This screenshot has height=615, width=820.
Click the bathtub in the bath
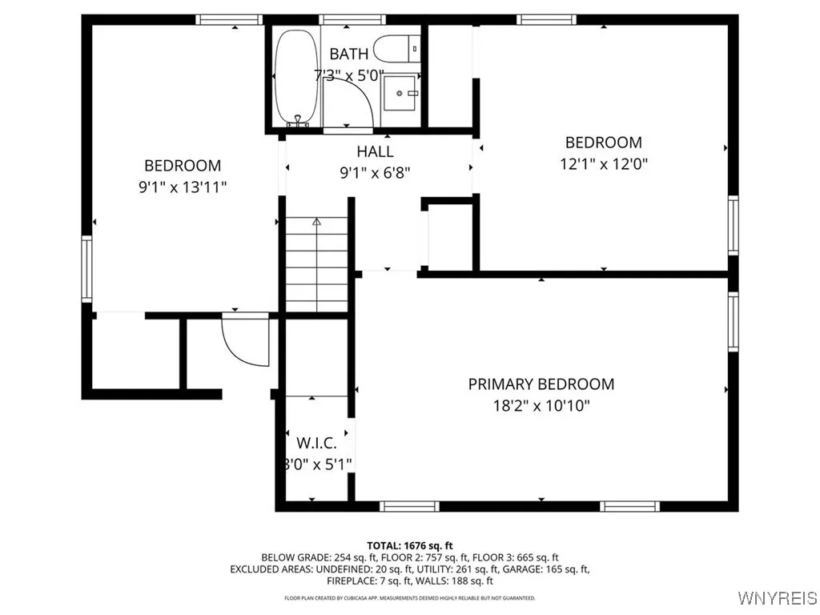tap(296, 76)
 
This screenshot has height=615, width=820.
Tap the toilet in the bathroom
tap(397, 49)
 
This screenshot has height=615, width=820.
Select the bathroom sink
tap(400, 94)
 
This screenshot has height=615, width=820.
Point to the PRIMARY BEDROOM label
tap(541, 384)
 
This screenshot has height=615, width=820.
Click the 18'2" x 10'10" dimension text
tap(541, 405)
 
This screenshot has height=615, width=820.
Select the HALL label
tap(375, 151)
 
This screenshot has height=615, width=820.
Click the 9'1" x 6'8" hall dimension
tap(375, 171)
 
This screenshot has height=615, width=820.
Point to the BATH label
tap(349, 54)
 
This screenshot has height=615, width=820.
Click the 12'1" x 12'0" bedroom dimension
tap(603, 163)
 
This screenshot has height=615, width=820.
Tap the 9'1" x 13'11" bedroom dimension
tap(183, 187)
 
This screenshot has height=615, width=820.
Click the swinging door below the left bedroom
tap(245, 340)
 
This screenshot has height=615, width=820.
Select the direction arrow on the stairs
tap(317, 222)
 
